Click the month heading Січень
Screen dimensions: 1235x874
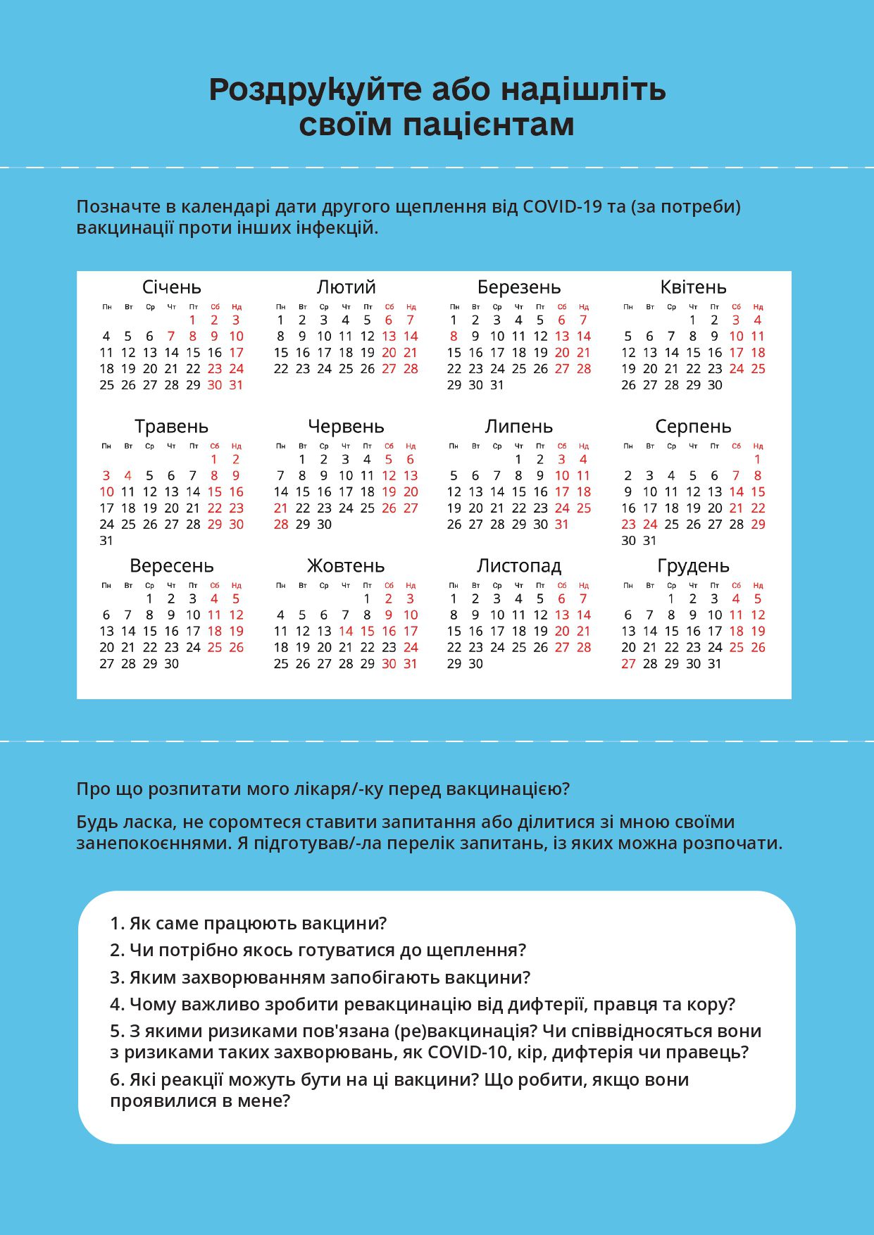point(171,287)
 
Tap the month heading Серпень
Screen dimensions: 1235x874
point(693,427)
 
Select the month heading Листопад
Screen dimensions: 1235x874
point(519,566)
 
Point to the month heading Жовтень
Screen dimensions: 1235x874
point(345,566)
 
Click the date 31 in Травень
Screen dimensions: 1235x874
point(106,541)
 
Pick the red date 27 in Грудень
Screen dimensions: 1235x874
point(628,664)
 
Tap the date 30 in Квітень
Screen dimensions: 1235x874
point(715,385)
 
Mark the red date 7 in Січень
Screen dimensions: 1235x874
point(171,337)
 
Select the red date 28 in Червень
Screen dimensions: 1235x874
point(280,525)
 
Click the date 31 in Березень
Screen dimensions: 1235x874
point(497,385)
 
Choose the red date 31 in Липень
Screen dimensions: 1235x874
point(562,525)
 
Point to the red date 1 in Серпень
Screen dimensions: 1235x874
point(758,459)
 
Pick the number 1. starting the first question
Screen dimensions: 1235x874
point(117,924)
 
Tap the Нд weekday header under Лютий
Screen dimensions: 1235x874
point(411,307)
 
